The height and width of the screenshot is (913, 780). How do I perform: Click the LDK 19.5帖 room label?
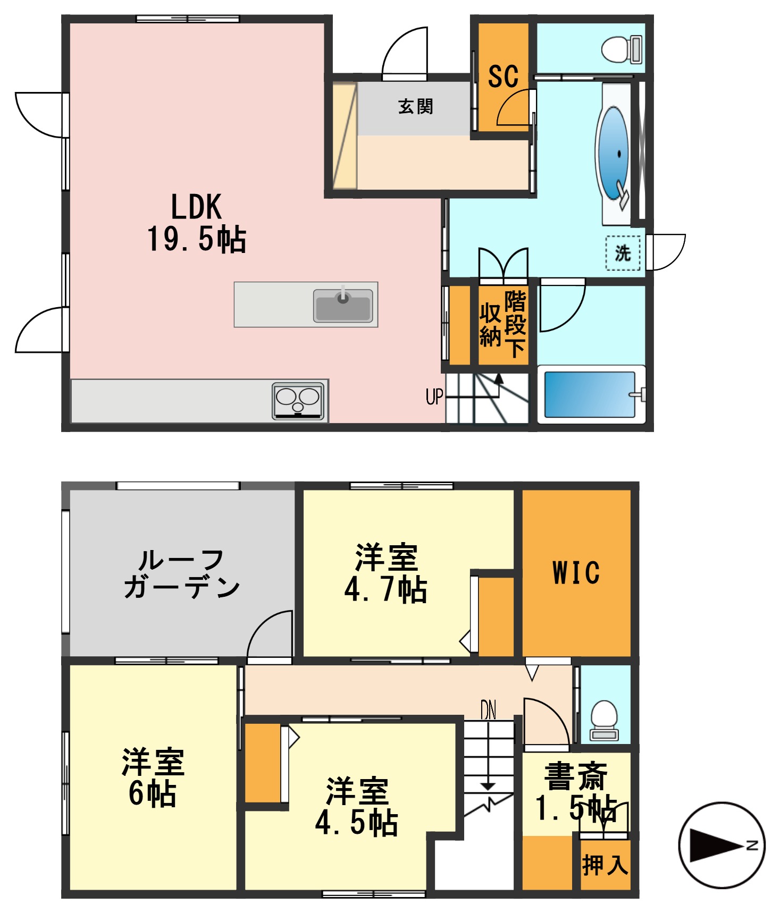click(196, 223)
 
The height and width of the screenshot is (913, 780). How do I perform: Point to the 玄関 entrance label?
click(415, 107)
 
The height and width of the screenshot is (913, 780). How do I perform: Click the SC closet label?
click(503, 77)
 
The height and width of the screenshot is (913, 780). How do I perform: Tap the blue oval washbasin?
click(614, 153)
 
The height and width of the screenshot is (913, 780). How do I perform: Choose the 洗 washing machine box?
click(623, 253)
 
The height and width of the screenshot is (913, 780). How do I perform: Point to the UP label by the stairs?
click(434, 396)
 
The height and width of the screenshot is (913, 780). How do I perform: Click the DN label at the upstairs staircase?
click(488, 710)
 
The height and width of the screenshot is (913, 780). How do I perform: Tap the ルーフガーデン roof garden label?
click(182, 574)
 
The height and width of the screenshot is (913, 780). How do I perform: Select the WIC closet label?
click(576, 572)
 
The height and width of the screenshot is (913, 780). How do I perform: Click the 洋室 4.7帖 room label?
click(386, 574)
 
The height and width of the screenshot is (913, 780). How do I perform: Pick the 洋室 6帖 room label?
click(153, 779)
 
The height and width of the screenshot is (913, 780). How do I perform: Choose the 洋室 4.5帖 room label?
click(357, 807)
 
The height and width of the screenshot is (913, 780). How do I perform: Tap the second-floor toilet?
click(605, 720)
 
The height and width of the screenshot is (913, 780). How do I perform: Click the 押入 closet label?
click(605, 865)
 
